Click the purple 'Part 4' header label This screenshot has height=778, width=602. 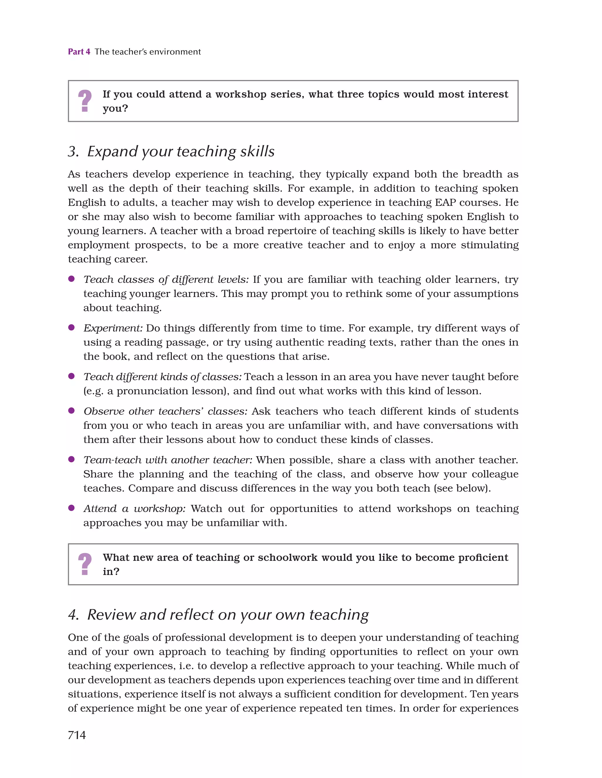click(x=79, y=52)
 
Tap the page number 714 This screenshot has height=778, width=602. click(x=77, y=735)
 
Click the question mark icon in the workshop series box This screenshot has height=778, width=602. click(x=85, y=101)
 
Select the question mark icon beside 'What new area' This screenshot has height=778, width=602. click(x=85, y=564)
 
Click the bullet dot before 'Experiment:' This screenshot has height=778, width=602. click(x=71, y=327)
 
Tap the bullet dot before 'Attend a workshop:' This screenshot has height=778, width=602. click(x=71, y=508)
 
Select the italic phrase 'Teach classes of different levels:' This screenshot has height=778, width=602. click(x=166, y=279)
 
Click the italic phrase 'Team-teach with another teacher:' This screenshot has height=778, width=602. click(x=168, y=460)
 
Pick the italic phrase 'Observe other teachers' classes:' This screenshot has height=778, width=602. click(x=165, y=411)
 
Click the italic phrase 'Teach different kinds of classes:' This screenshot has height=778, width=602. click(x=163, y=377)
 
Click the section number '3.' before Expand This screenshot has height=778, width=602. click(x=73, y=151)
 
